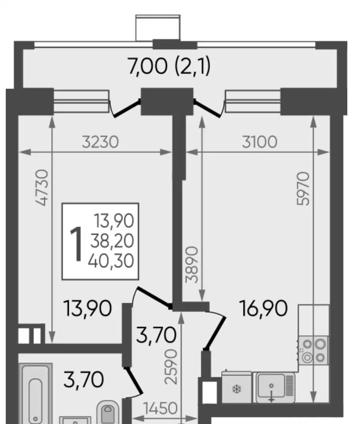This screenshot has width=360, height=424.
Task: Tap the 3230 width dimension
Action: click(x=100, y=142)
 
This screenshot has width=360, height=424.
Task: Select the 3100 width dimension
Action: click(x=260, y=142)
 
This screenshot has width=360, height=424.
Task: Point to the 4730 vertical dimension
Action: click(x=42, y=187)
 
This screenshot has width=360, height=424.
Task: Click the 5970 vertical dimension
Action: click(x=302, y=189)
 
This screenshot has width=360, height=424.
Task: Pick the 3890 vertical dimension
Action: click(x=192, y=264)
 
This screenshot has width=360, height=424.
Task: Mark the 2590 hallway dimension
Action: click(x=171, y=367)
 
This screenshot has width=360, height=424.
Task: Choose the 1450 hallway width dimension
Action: click(x=160, y=408)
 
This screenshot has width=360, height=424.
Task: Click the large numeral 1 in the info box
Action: click(x=76, y=244)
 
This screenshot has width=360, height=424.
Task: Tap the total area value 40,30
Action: click(x=111, y=261)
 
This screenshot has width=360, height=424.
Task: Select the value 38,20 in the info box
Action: click(x=112, y=240)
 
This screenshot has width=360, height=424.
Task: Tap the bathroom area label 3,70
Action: click(x=83, y=379)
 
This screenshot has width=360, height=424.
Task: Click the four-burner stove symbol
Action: click(x=313, y=351)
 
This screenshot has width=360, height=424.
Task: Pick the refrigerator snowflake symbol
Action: click(x=237, y=389)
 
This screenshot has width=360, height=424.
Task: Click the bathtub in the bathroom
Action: click(x=35, y=395)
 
